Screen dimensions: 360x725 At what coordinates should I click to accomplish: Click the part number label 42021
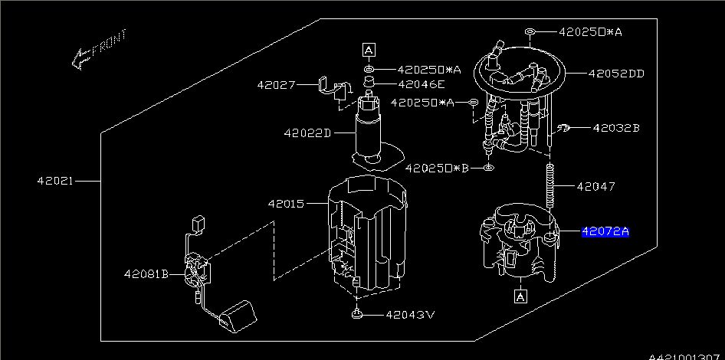[x=55, y=182]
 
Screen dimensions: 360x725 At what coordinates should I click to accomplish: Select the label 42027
[x=275, y=85]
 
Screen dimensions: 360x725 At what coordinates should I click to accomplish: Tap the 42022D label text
[x=307, y=133]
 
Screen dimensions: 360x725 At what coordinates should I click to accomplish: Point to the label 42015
[x=286, y=204]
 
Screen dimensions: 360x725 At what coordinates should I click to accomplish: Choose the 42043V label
[x=410, y=314]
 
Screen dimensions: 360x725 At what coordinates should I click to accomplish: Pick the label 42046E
[x=421, y=84]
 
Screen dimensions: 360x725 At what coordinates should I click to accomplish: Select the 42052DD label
[x=616, y=74]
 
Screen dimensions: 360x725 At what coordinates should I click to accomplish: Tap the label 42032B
[x=615, y=128]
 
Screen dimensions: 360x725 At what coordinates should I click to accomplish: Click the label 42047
[x=595, y=186]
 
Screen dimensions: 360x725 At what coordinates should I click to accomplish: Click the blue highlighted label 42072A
[x=605, y=231]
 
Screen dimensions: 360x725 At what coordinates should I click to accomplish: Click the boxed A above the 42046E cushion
[x=369, y=51]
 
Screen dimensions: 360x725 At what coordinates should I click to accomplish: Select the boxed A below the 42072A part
[x=521, y=296]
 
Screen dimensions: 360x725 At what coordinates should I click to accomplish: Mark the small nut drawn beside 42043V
[x=356, y=314]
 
